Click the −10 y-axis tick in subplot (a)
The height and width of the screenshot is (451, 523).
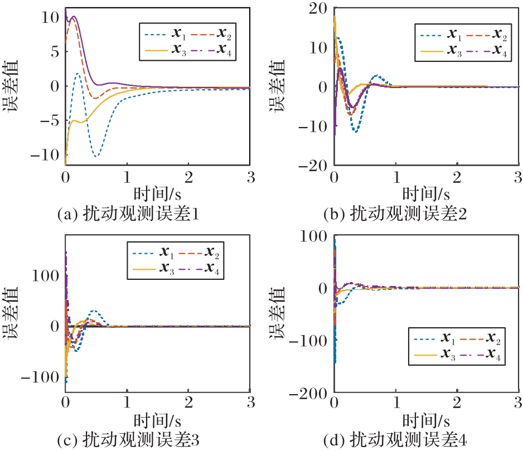coord(45,154)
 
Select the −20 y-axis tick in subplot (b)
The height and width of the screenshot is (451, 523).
coord(313,166)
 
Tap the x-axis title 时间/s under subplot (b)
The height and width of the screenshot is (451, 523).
coord(425,194)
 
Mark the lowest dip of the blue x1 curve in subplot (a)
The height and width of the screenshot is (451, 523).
coord(97,156)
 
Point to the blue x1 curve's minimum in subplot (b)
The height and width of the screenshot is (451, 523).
coord(355,132)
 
